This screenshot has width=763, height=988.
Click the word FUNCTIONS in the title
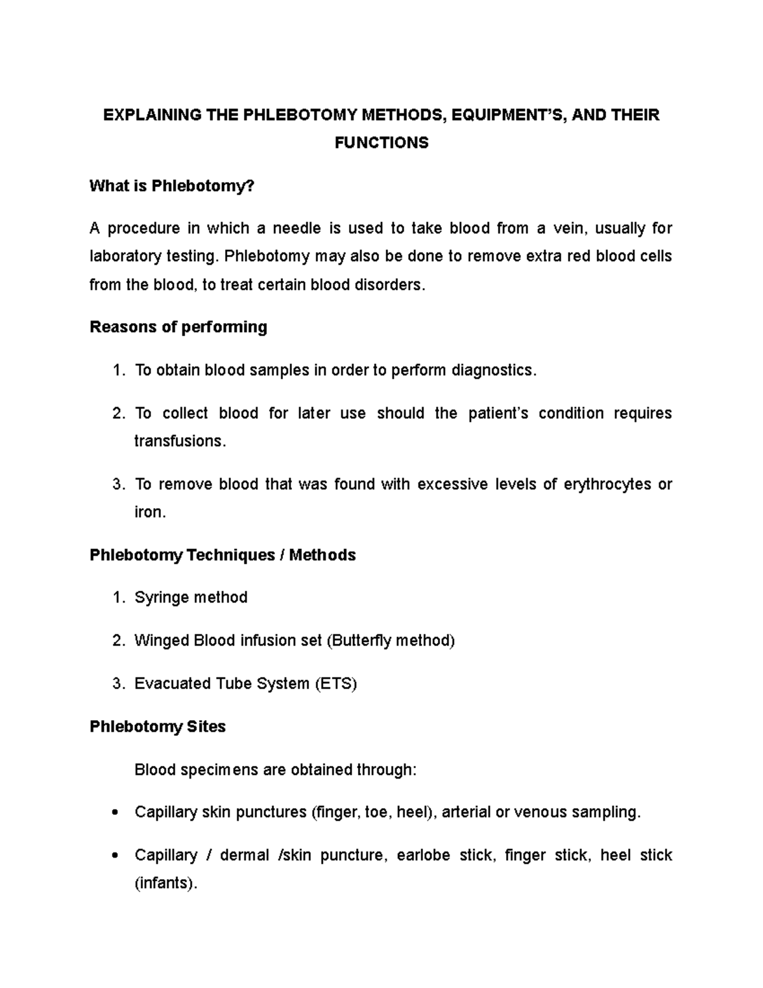coord(381,143)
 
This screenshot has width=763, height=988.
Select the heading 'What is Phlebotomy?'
coord(172,186)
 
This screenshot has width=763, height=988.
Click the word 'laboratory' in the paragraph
coord(125,256)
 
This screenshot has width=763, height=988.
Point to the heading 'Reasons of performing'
coord(178,327)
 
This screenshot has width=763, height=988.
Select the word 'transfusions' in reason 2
coord(179,441)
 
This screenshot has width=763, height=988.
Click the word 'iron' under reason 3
coord(148,512)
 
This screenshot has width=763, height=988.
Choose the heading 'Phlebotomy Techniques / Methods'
coord(223,555)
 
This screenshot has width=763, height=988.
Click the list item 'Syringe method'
coord(191,597)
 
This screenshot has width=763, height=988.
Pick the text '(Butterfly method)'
coord(390,641)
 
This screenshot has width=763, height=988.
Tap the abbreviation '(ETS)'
coord(336,684)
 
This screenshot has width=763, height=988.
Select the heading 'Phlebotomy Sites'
coord(158,727)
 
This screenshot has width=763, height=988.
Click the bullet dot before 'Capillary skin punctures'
coord(115,813)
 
